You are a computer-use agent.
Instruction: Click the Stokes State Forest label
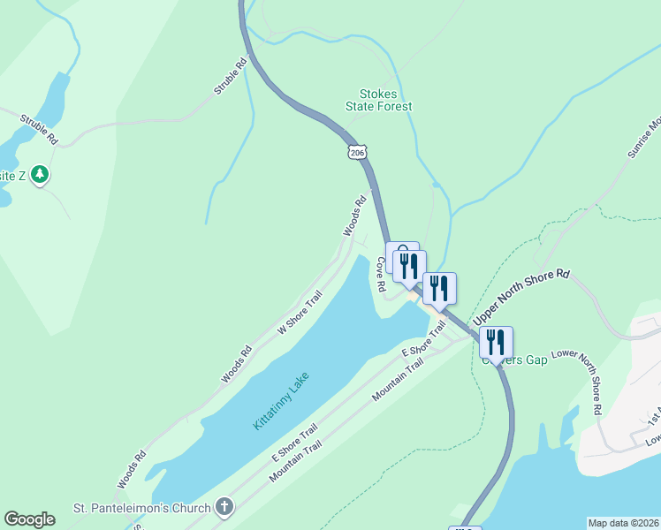[385, 100]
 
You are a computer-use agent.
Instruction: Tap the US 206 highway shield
[356, 153]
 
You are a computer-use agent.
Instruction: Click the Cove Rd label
[381, 275]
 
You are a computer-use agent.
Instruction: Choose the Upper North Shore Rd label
[521, 297]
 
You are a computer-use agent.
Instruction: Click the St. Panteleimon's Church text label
[141, 508]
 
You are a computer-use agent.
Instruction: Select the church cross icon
[225, 507]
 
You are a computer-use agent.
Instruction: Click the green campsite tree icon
[39, 175]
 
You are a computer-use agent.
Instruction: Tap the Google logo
[29, 519]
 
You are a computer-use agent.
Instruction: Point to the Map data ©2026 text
[623, 523]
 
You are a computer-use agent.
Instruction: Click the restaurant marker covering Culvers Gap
[496, 341]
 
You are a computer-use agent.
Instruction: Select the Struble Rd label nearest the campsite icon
[39, 128]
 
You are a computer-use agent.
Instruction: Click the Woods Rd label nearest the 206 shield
[355, 216]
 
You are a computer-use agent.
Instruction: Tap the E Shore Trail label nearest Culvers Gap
[424, 339]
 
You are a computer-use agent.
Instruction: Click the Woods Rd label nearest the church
[131, 471]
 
